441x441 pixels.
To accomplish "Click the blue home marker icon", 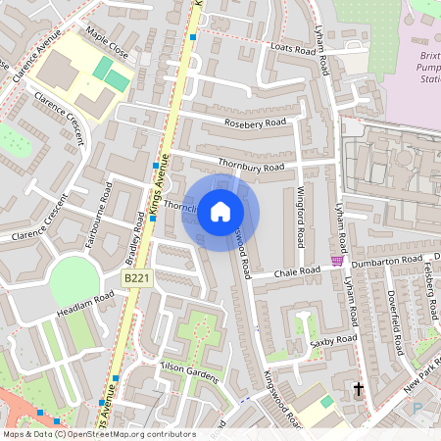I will [x=220, y=211].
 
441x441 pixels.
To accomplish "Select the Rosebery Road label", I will [x=255, y=123].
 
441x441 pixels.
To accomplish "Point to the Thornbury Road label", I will [x=252, y=167].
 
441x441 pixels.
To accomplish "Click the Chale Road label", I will [x=297, y=271].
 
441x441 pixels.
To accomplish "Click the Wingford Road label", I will [x=301, y=216].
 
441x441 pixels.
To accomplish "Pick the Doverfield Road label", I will [x=395, y=323].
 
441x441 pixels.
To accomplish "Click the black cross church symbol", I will [x=358, y=389].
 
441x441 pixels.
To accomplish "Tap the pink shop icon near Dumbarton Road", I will [x=337, y=261].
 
